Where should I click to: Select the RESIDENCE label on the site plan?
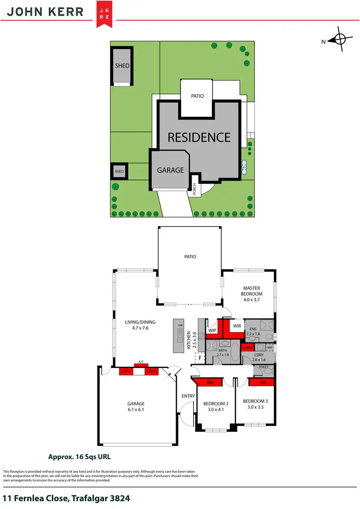(199, 137)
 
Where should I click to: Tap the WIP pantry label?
(212, 330)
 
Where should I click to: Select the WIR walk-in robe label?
(237, 327)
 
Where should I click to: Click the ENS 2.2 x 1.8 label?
(253, 330)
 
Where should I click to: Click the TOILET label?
(264, 366)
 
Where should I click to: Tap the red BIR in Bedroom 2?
(210, 382)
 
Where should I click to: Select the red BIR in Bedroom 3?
(263, 382)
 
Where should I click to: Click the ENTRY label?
(188, 396)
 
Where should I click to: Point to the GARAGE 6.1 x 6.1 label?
(135, 407)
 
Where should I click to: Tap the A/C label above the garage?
(141, 362)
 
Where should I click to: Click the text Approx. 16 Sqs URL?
(80, 457)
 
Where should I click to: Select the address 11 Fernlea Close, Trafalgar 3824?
(66, 498)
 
